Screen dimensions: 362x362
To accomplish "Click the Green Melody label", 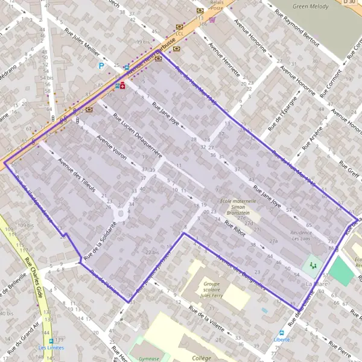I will [x=311, y=7].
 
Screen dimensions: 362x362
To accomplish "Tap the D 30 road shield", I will [x=349, y=2].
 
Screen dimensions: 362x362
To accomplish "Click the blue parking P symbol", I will [x=101, y=66].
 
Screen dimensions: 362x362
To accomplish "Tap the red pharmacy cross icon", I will [x=122, y=86].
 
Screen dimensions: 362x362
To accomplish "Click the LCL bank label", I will [x=179, y=34].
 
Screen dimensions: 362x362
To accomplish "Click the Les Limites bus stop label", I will [x=51, y=348].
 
